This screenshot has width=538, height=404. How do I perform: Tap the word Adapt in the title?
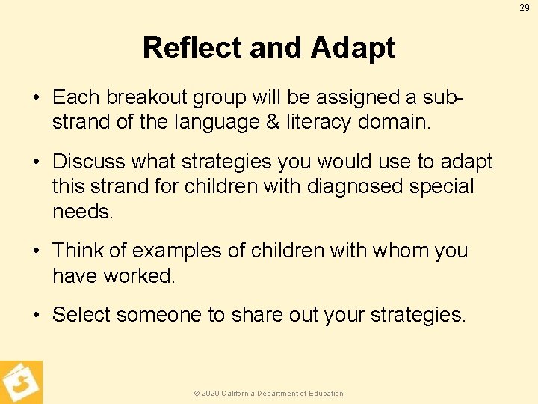tap(353, 48)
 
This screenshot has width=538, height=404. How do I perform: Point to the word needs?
tap(82, 212)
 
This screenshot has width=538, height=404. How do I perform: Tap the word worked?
tap(139, 276)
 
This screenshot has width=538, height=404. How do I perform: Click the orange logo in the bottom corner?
tap(21, 382)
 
